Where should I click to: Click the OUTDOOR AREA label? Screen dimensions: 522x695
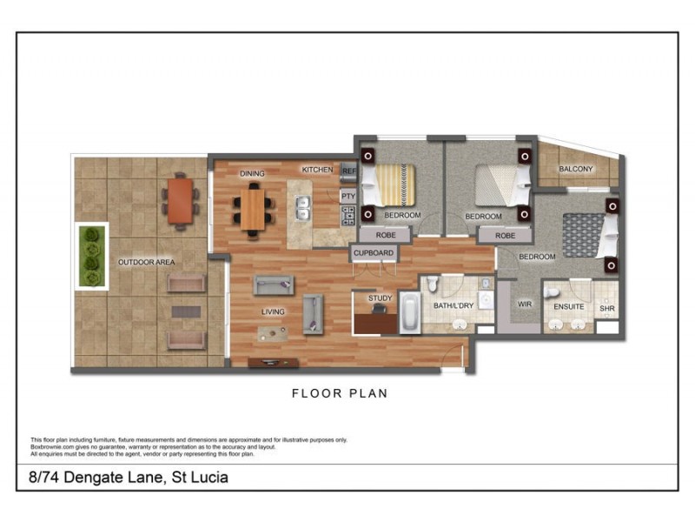[146, 261]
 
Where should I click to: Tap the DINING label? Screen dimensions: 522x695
[252, 174]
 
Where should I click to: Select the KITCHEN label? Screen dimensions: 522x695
[317, 170]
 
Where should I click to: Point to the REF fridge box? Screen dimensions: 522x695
[348, 171]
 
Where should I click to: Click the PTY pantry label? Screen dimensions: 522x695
[347, 197]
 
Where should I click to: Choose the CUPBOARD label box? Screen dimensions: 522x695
[374, 253]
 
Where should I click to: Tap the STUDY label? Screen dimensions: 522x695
[380, 298]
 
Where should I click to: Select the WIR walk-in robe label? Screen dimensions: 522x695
[524, 305]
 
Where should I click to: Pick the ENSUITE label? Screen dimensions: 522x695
[568, 306]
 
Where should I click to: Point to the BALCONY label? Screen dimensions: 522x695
[575, 169]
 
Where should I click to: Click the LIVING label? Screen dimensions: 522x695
[275, 311]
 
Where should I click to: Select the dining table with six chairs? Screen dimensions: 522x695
[253, 209]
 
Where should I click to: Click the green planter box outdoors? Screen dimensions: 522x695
[91, 257]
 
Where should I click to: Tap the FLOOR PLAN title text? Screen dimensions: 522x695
[339, 393]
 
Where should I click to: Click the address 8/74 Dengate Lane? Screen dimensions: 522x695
[124, 478]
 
